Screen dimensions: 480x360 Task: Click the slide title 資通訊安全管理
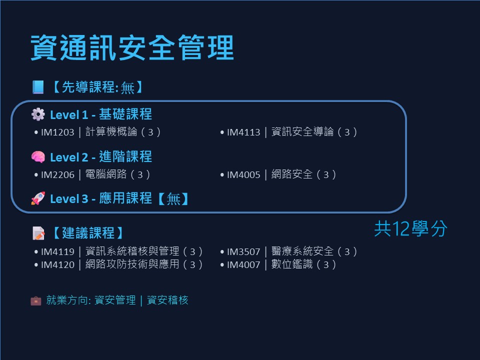click(132, 48)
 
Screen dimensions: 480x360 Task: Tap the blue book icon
click(38, 87)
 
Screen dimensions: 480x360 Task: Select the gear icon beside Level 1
click(38, 114)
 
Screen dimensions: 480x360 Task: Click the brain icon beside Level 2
click(38, 156)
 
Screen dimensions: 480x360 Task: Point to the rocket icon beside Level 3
click(38, 198)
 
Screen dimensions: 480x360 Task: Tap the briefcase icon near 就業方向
click(36, 300)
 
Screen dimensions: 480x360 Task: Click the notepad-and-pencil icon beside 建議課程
click(38, 233)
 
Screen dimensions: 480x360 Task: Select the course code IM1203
click(57, 132)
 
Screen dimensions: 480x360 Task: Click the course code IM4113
click(243, 132)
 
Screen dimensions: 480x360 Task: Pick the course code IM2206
click(57, 175)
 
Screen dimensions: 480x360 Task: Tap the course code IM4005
click(243, 175)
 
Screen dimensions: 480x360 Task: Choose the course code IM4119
click(57, 251)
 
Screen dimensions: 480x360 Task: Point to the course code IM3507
click(243, 251)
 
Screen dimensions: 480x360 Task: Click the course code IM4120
click(57, 264)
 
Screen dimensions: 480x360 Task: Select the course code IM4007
click(243, 264)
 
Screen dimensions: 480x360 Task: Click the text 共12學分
click(410, 228)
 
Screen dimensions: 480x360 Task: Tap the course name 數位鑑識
click(292, 264)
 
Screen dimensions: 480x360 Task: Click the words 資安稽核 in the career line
click(167, 300)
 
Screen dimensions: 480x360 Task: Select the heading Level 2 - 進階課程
click(101, 156)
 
